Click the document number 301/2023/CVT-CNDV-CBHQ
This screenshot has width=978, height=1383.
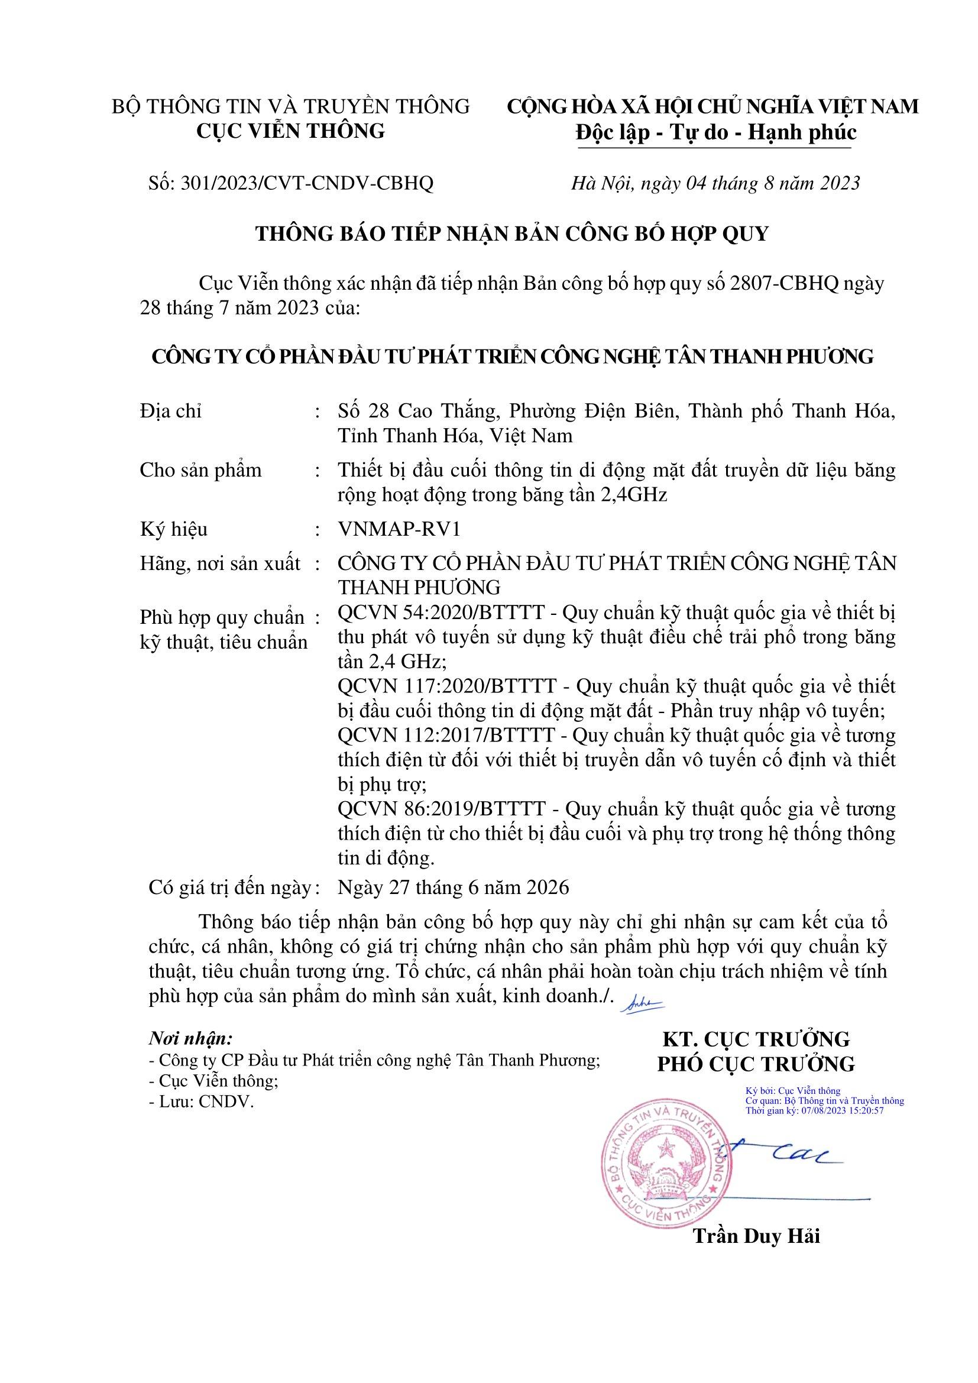click(307, 183)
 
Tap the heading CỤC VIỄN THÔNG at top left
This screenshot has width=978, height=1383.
click(290, 131)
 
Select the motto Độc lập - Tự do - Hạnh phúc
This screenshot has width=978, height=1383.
click(715, 132)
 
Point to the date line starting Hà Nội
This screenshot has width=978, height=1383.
click(715, 183)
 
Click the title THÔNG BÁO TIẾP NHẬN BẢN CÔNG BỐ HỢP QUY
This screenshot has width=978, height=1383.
click(512, 234)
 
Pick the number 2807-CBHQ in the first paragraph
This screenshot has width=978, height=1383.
click(784, 283)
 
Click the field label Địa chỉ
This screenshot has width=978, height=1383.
click(170, 412)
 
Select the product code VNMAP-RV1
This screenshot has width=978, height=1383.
click(399, 529)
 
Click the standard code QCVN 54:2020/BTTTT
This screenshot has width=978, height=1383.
click(442, 613)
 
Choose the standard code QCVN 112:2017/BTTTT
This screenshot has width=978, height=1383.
click(446, 736)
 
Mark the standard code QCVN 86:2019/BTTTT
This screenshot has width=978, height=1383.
click(442, 809)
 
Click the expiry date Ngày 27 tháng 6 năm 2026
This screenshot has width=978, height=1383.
click(454, 888)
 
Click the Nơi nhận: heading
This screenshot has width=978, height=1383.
click(191, 1038)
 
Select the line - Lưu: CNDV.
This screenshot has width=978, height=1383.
click(201, 1102)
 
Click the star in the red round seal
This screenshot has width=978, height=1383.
click(665, 1149)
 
